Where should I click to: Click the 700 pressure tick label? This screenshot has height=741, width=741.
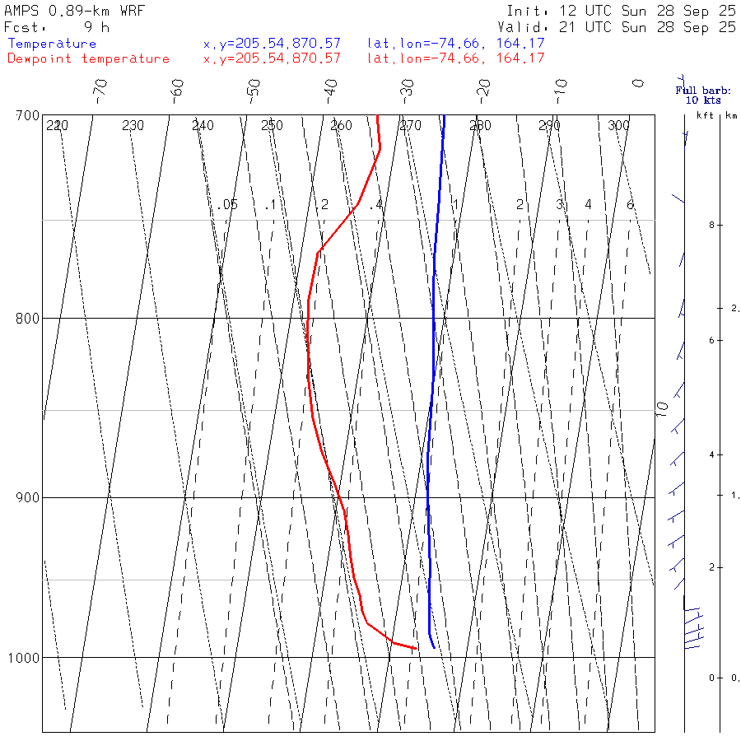(28, 115)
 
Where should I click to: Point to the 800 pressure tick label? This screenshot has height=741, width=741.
(28, 318)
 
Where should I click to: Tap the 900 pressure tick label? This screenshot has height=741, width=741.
(28, 497)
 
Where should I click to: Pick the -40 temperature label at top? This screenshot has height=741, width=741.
(330, 88)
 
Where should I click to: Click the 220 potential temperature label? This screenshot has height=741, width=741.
(57, 126)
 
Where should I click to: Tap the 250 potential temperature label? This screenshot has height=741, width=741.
(272, 126)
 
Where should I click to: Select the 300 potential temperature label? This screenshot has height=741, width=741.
(618, 126)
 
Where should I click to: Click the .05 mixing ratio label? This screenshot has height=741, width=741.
(228, 204)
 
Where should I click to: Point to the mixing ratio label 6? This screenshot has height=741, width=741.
(630, 204)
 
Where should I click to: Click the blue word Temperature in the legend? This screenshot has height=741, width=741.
(52, 44)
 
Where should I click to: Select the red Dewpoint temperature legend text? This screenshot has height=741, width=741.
(88, 58)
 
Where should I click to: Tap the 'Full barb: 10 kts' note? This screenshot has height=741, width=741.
(703, 95)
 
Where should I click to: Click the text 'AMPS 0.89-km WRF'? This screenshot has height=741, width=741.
(74, 11)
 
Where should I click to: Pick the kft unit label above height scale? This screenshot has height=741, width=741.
(706, 116)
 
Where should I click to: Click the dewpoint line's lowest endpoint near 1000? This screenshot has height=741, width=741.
(416, 648)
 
